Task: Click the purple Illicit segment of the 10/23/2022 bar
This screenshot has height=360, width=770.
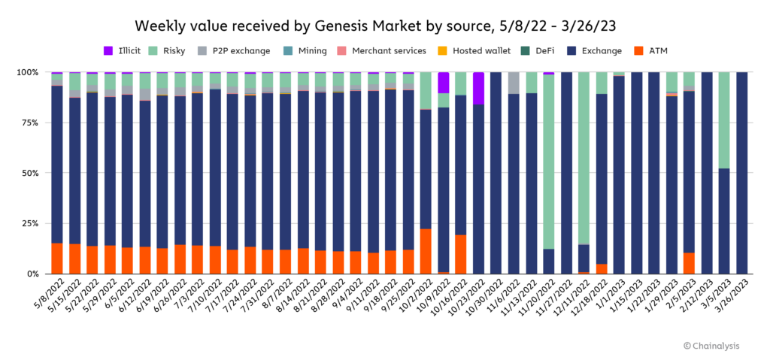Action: pyautogui.click(x=478, y=88)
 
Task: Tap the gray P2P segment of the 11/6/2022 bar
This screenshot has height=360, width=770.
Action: pyautogui.click(x=514, y=83)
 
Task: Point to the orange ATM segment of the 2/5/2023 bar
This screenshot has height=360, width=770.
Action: pyautogui.click(x=689, y=263)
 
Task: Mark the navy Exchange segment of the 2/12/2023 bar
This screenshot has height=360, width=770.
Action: pyautogui.click(x=707, y=173)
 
